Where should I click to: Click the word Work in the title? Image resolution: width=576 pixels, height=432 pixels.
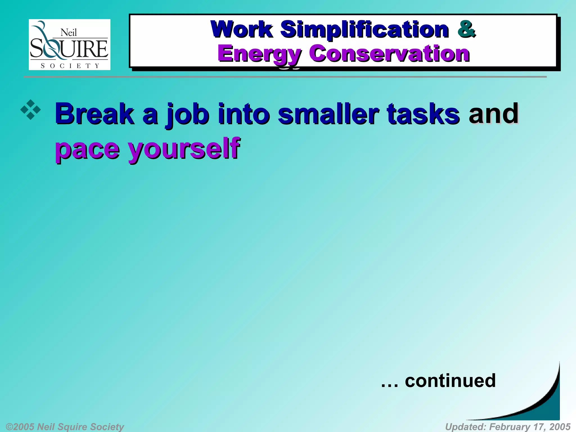point(241,29)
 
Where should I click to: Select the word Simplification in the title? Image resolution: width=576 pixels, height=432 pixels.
point(364,30)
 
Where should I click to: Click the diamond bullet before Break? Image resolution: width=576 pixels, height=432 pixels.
point(30,110)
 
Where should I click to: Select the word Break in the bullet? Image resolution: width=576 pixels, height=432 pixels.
point(95,114)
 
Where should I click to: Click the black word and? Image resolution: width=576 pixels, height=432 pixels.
point(493,113)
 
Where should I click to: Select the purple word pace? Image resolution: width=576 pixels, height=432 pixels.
point(87,149)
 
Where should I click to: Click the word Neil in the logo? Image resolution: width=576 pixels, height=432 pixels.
point(69,33)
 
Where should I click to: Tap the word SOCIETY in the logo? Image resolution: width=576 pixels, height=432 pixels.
point(70,66)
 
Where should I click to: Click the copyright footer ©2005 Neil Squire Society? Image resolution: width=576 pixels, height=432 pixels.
point(65,427)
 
